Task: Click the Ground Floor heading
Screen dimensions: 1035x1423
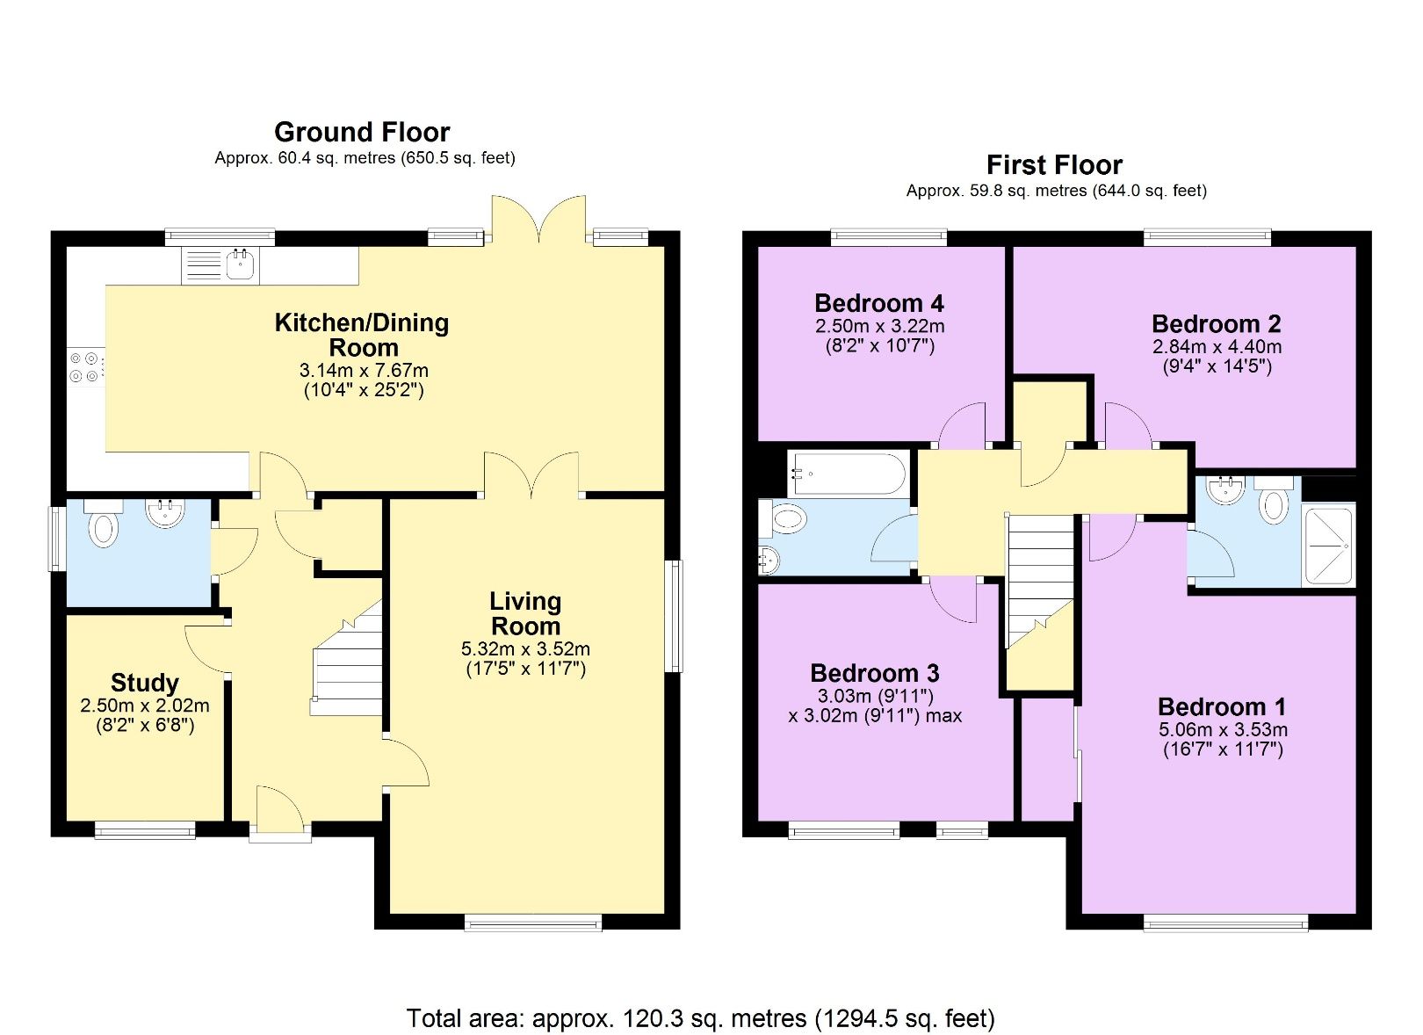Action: [x=361, y=132]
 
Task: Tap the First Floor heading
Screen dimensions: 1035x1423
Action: [x=1053, y=165]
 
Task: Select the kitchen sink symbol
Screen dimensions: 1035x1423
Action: [x=240, y=263]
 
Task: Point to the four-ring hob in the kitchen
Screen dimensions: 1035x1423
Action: [x=86, y=367]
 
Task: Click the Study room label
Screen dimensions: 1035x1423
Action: [x=144, y=683]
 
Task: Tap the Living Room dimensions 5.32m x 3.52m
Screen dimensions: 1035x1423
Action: [x=525, y=649]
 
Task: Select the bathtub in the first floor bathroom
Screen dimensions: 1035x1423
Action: [x=847, y=474]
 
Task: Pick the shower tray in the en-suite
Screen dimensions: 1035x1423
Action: [x=1329, y=544]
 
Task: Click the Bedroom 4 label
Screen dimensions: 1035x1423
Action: [x=878, y=304]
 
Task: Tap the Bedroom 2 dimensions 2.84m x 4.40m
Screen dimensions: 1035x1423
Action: [x=1217, y=347]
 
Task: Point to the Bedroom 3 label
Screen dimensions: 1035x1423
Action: [x=874, y=674]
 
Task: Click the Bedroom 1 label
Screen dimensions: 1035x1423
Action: [x=1221, y=707]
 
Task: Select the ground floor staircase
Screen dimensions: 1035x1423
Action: [x=350, y=668]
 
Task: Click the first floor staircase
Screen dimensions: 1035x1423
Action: [x=1040, y=580]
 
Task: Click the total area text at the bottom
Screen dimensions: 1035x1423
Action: [x=700, y=1018]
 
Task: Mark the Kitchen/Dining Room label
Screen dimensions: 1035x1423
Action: [x=362, y=335]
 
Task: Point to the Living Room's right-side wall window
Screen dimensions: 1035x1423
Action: [x=674, y=615]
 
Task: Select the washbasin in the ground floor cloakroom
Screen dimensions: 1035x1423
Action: [x=164, y=512]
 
